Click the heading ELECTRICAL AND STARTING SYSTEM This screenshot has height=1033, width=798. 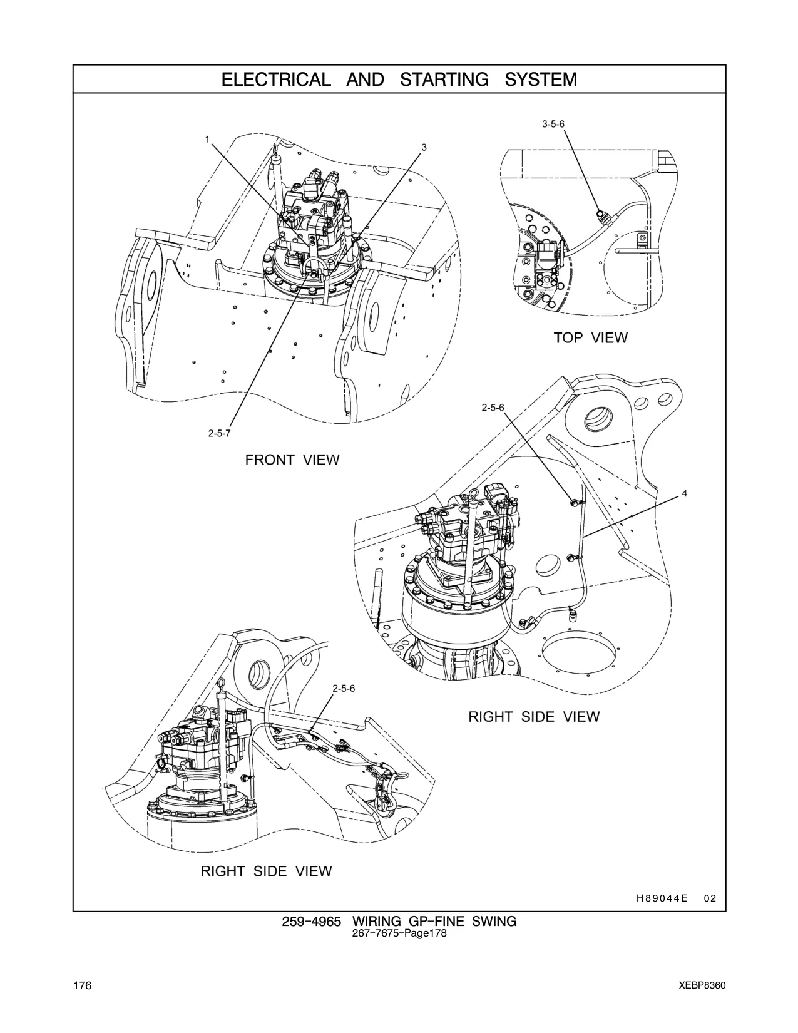(399, 79)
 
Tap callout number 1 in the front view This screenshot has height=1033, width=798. (207, 139)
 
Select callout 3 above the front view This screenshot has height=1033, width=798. (424, 147)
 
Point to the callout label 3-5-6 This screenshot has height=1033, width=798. (553, 124)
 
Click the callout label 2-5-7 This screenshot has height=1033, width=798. (219, 433)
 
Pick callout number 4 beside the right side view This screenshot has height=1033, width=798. (685, 493)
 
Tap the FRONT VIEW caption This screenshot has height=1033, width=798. (292, 460)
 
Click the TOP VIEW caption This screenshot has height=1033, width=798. (590, 337)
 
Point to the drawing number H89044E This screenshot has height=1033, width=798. (662, 898)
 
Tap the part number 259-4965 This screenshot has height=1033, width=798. (311, 922)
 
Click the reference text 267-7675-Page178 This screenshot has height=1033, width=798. (399, 933)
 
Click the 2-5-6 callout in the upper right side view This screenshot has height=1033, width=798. (493, 408)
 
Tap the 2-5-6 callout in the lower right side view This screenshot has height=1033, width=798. (344, 688)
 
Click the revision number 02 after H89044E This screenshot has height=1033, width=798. (710, 898)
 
